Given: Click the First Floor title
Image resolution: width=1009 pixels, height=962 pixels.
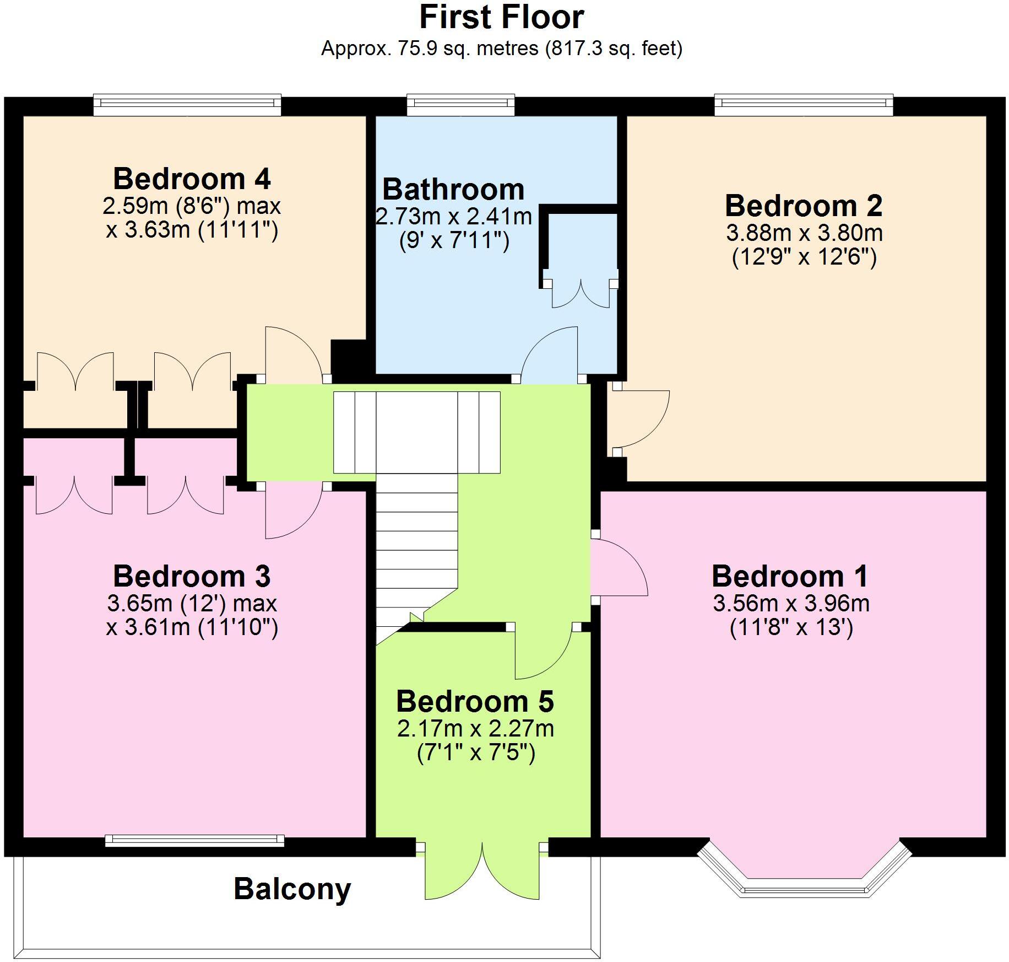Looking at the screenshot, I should [x=501, y=18].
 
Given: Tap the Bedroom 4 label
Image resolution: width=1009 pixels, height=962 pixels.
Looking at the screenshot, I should [x=192, y=179].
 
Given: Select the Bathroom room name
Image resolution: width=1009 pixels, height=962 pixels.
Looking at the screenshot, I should [x=453, y=190].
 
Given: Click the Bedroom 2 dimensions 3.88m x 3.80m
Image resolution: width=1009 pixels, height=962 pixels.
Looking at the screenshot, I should [x=804, y=233].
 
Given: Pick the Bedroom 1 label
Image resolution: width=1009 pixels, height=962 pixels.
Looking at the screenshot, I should [x=790, y=577].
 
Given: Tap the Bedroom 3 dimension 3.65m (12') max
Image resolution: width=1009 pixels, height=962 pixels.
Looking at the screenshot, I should [x=192, y=603].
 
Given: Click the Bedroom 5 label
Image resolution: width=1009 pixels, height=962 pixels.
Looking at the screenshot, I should [x=475, y=702].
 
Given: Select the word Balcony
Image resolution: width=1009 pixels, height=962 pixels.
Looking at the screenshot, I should [x=292, y=889].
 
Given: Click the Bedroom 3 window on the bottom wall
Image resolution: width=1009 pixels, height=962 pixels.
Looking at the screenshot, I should [x=194, y=840].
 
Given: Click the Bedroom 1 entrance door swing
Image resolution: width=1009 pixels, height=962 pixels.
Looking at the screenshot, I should [x=620, y=568].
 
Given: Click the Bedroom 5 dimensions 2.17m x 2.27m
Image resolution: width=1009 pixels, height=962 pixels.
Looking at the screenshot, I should [x=475, y=729].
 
